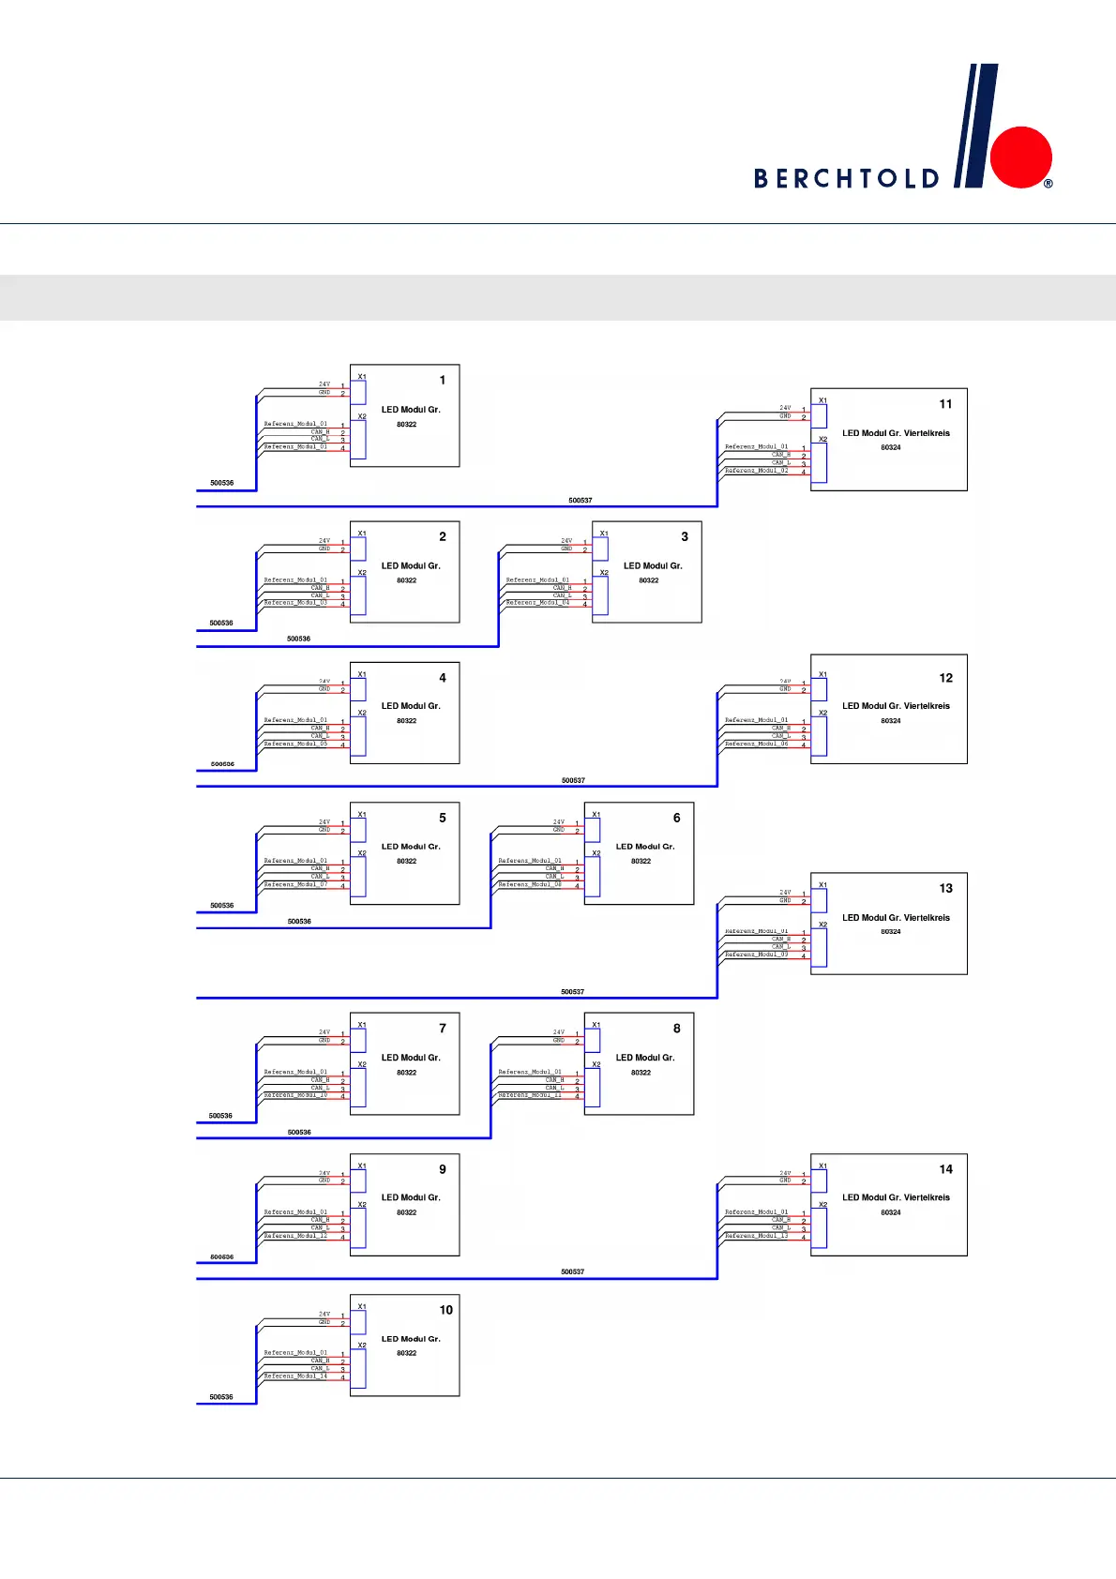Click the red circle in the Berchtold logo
(1021, 157)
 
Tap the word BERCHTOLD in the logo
(846, 178)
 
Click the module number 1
(443, 380)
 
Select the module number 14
(945, 1169)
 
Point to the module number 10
(446, 1310)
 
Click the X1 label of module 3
(604, 534)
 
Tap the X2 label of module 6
(596, 853)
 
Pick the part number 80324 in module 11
(890, 447)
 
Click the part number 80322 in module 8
(641, 1072)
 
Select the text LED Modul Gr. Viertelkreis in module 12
(896, 706)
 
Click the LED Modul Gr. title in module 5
(411, 847)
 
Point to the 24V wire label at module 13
(785, 893)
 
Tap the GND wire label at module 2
(324, 549)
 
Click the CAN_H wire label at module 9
(320, 1220)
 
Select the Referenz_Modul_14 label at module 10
(295, 1376)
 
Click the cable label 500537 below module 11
(580, 500)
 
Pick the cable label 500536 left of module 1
(221, 483)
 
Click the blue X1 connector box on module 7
(358, 1041)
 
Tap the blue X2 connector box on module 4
(358, 737)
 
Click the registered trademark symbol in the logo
(1048, 184)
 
